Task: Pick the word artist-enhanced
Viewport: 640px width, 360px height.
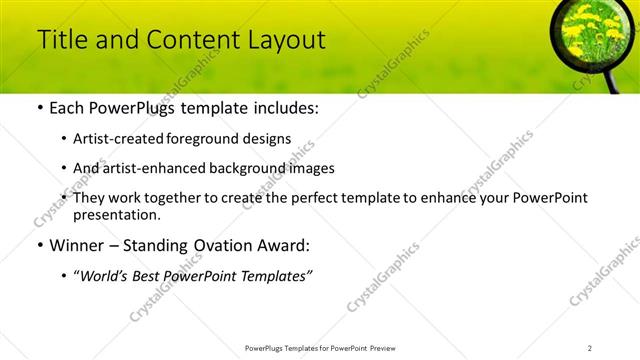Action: (153, 168)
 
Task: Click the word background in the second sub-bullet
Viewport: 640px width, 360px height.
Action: (254, 168)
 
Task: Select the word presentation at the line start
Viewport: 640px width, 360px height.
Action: (115, 215)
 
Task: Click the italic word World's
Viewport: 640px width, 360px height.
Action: (106, 276)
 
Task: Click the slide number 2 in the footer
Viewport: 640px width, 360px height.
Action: (590, 347)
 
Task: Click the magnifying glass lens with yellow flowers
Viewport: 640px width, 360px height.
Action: (590, 32)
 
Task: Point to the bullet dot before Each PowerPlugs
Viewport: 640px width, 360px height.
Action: (38, 108)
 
